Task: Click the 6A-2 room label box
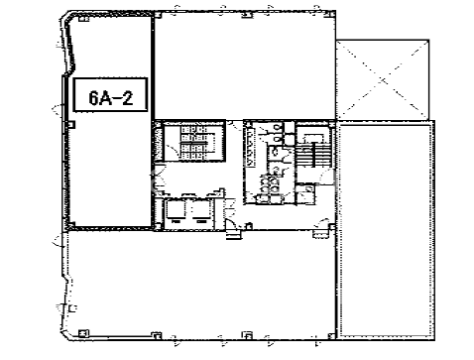[110, 94]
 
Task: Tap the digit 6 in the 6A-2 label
[93, 97]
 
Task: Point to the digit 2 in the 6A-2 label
[128, 97]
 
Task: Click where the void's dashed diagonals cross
[383, 79]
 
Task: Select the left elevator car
[176, 210]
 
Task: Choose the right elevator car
[199, 210]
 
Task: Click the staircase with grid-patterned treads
[194, 142]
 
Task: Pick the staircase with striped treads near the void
[312, 153]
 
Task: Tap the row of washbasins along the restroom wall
[250, 146]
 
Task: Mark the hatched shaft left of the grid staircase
[158, 143]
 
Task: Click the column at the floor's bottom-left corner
[83, 333]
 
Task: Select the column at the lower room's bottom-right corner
[331, 336]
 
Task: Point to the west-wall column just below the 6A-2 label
[71, 125]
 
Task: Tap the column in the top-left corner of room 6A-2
[84, 19]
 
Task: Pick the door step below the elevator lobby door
[233, 235]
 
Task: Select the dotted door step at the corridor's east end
[320, 234]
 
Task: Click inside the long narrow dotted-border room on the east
[386, 230]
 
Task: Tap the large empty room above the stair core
[245, 66]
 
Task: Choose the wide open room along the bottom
[201, 285]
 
